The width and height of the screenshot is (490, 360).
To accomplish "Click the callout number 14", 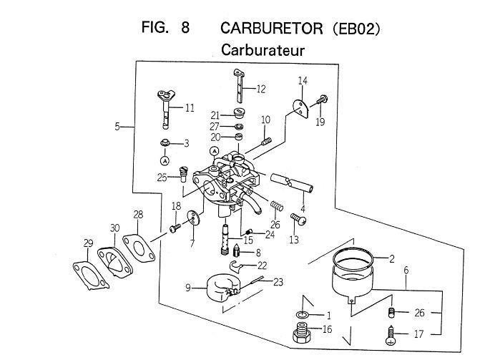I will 303,82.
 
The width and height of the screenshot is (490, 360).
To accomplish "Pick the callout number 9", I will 188,288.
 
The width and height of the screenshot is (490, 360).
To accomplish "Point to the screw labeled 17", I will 391,333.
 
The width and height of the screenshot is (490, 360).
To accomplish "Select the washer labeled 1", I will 303,314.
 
